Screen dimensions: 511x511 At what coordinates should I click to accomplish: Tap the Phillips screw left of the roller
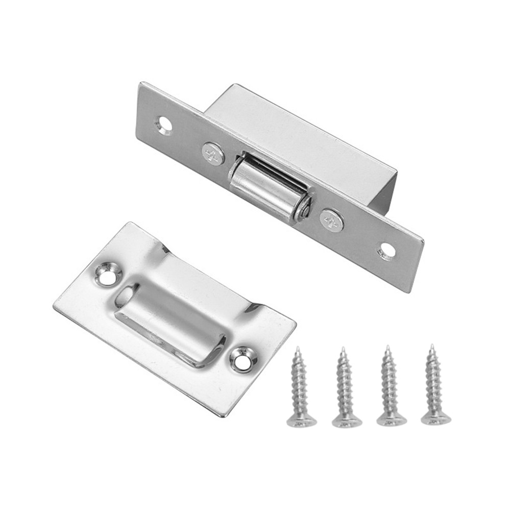pos(213,154)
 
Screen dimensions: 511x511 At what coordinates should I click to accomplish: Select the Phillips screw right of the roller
pos(332,221)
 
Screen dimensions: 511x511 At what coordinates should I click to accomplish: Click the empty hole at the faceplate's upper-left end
pos(164,124)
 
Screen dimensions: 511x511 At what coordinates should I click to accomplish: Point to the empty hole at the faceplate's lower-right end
pos(386,251)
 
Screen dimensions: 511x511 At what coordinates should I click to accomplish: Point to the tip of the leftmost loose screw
pos(299,349)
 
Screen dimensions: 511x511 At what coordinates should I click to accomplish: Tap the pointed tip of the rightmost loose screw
pos(431,346)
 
